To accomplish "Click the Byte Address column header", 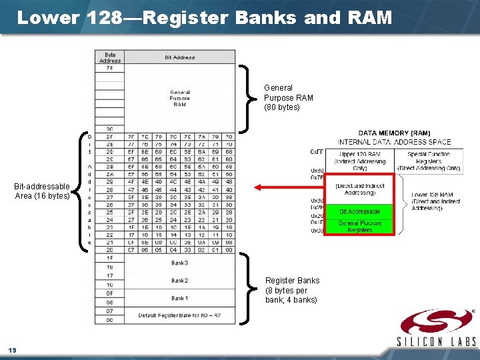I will pyautogui.click(x=110, y=57).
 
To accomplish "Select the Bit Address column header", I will pyautogui.click(x=179, y=57).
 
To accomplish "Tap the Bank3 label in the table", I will pyautogui.click(x=179, y=263).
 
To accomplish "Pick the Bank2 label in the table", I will pyautogui.click(x=179, y=280).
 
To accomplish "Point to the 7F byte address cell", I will pyautogui.click(x=109, y=67).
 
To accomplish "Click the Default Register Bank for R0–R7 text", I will pyautogui.click(x=179, y=315).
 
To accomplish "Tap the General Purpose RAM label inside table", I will pyautogui.click(x=179, y=98).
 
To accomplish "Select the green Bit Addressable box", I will pyautogui.click(x=360, y=211).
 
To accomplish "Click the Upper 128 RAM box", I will pyautogui.click(x=361, y=161).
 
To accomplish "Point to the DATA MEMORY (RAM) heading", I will pyautogui.click(x=394, y=133).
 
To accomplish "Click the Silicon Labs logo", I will pyautogui.click(x=436, y=327).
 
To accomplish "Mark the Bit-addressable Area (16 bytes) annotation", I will pyautogui.click(x=42, y=191).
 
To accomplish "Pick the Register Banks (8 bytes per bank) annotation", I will pyautogui.click(x=292, y=290).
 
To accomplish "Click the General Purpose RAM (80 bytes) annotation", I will pyautogui.click(x=288, y=97).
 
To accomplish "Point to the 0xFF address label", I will pyautogui.click(x=317, y=152).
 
